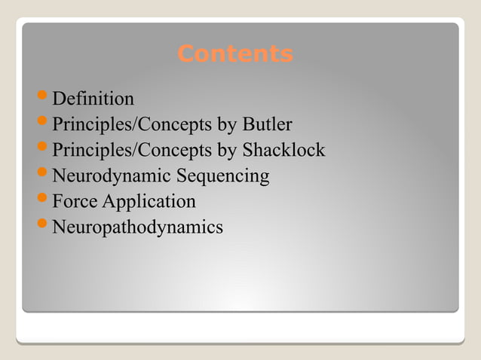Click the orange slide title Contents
234,54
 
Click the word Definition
93,99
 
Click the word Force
75,202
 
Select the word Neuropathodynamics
137,227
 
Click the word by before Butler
227,125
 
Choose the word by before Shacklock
227,151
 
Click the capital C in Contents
185,54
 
